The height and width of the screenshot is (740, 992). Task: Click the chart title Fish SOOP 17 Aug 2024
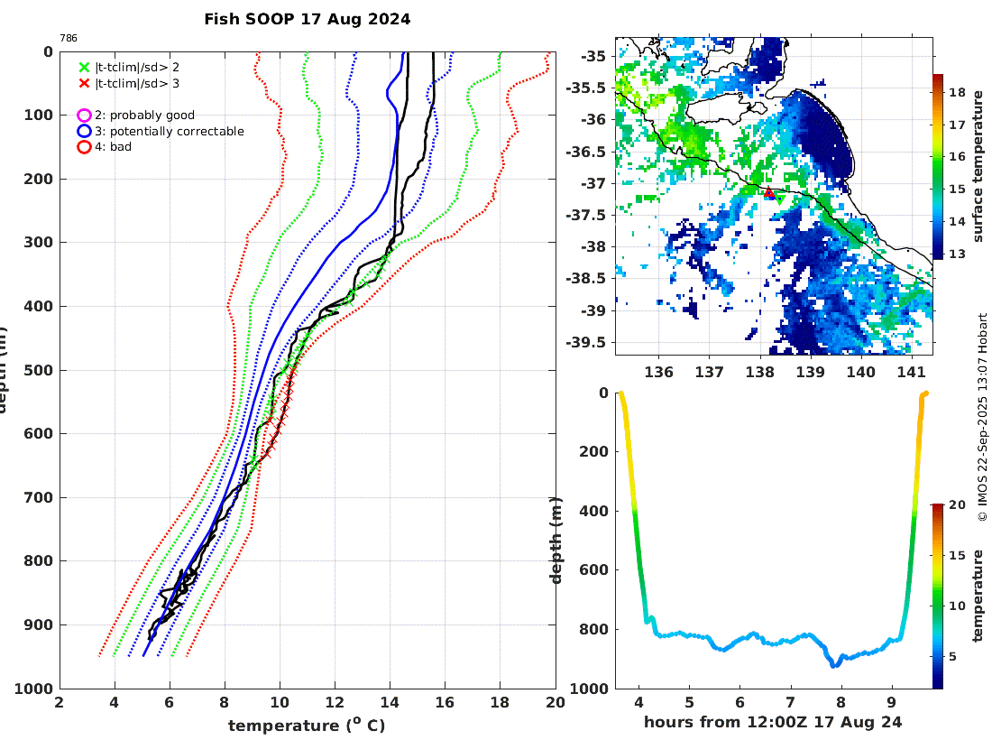(307, 19)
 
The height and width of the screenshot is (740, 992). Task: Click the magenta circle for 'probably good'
(84, 116)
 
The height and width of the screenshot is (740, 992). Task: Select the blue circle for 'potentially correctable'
(84, 131)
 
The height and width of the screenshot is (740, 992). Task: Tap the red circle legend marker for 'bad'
(84, 146)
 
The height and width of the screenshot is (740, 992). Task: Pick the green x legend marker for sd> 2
(84, 67)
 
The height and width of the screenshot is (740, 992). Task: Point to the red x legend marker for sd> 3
(84, 82)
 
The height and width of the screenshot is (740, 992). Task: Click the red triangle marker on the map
(769, 192)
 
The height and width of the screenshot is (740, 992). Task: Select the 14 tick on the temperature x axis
(390, 702)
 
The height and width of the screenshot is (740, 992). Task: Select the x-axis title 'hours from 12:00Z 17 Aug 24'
(773, 722)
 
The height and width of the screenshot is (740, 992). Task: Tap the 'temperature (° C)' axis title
(307, 726)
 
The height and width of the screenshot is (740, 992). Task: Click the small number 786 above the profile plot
(69, 38)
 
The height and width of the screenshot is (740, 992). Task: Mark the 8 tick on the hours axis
(840, 702)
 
